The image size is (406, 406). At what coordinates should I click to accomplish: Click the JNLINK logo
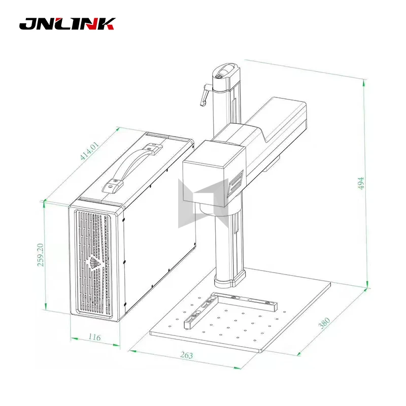click(67, 24)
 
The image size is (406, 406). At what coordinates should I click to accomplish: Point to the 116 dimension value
click(94, 337)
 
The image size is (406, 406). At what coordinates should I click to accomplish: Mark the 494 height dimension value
click(361, 184)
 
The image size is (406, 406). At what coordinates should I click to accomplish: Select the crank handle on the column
click(204, 95)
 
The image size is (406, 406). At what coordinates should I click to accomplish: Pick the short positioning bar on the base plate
click(199, 313)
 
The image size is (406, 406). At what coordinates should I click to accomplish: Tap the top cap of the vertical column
click(224, 71)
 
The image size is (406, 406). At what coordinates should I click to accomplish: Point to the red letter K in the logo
click(107, 24)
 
